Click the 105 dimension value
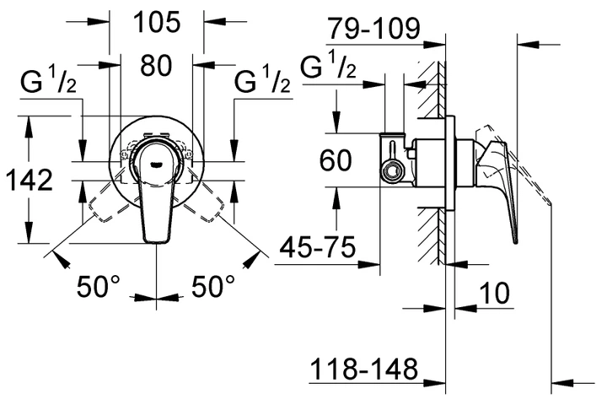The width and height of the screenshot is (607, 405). [x=157, y=22]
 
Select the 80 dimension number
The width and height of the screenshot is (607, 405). [x=156, y=65]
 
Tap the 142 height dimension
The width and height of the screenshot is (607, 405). [x=30, y=181]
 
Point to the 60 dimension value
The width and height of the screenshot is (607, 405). [x=336, y=160]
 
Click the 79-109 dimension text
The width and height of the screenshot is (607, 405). [x=373, y=28]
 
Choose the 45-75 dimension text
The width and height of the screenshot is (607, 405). [x=318, y=247]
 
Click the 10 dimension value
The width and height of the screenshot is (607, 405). [x=494, y=293]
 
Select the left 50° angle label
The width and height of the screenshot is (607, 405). [x=99, y=286]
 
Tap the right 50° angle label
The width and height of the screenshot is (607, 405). [x=213, y=286]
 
